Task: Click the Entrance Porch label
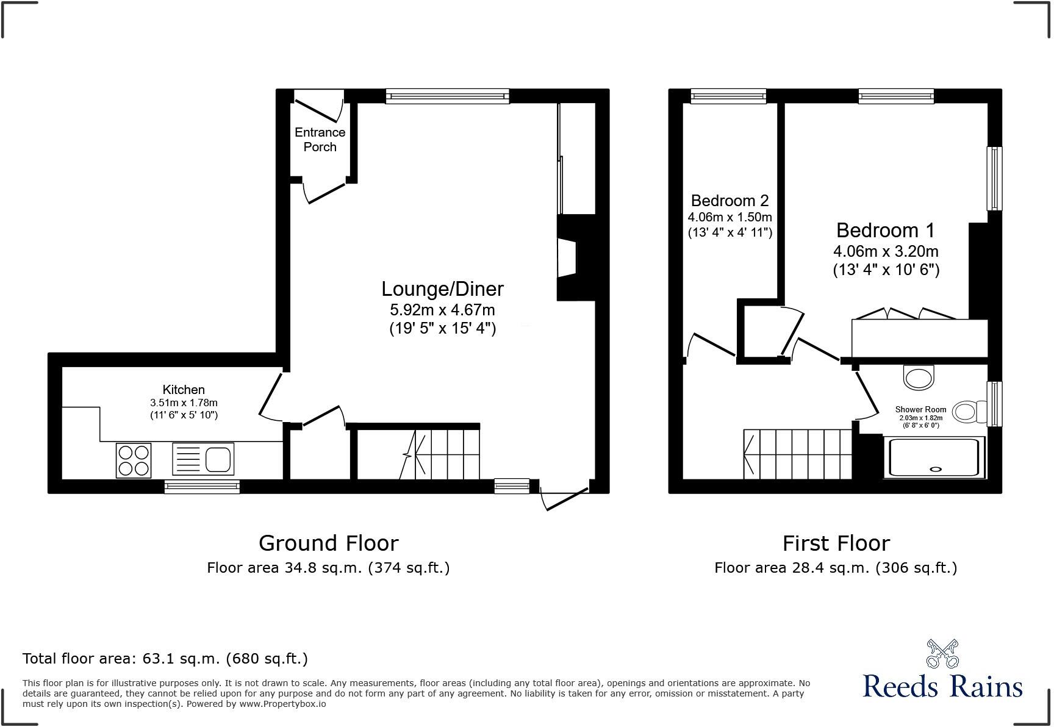coord(320,140)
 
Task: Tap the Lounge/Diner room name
coord(442,288)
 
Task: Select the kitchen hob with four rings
coord(134,460)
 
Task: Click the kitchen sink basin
coord(218,459)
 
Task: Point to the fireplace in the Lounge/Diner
coord(567,257)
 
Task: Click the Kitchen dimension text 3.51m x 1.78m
coord(184,403)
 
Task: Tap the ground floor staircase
coord(439,454)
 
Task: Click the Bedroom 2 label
coord(730,201)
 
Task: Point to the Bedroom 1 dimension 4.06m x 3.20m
coord(886,251)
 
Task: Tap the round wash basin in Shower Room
coord(918,377)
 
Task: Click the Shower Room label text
coord(920,409)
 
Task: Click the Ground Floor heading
coord(328,543)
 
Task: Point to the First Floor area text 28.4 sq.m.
coord(836,568)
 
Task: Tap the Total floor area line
coord(165,659)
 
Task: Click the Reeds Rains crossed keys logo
coord(942,654)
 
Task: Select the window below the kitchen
coord(202,486)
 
